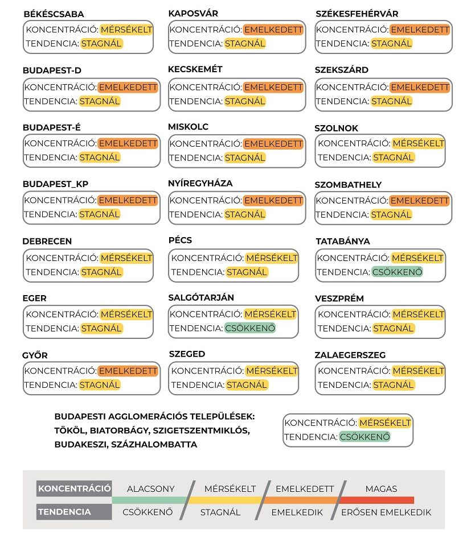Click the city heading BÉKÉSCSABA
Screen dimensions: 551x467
click(54, 14)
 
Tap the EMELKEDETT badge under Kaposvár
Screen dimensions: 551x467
click(273, 30)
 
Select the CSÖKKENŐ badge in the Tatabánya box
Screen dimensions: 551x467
click(398, 272)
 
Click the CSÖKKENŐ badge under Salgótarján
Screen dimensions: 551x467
click(250, 328)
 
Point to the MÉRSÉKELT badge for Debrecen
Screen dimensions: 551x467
click(126, 258)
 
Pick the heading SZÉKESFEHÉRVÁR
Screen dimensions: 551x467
click(357, 14)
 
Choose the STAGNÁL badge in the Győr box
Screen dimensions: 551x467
click(100, 384)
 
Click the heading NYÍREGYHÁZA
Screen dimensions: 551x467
click(200, 183)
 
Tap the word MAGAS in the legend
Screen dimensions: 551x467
click(382, 488)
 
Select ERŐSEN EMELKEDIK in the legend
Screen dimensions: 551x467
click(386, 512)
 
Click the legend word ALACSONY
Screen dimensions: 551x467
click(151, 488)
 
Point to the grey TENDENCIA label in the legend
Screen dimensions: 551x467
click(64, 512)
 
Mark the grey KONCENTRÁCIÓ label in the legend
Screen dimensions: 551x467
click(74, 488)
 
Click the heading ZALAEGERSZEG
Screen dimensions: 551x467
click(350, 355)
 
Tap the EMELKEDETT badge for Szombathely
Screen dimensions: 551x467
click(420, 201)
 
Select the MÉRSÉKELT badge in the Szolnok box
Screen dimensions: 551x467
click(418, 143)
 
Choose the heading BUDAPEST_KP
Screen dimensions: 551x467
click(56, 184)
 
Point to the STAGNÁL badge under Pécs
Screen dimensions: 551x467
click(247, 272)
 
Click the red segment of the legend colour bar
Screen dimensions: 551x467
click(377, 500)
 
